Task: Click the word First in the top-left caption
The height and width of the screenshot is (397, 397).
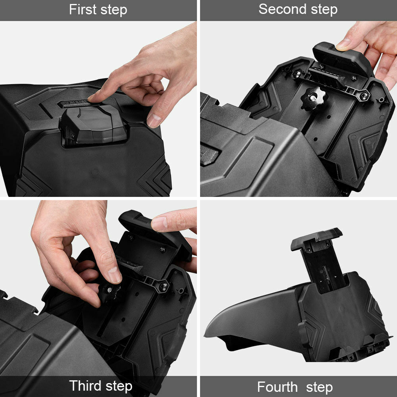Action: (83, 10)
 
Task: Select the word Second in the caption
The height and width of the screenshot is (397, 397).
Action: (280, 9)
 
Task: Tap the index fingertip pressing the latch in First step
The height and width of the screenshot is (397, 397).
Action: (94, 96)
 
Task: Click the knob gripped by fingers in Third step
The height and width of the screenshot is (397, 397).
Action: (109, 292)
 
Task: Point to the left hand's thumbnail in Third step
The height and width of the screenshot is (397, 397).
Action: (114, 275)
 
